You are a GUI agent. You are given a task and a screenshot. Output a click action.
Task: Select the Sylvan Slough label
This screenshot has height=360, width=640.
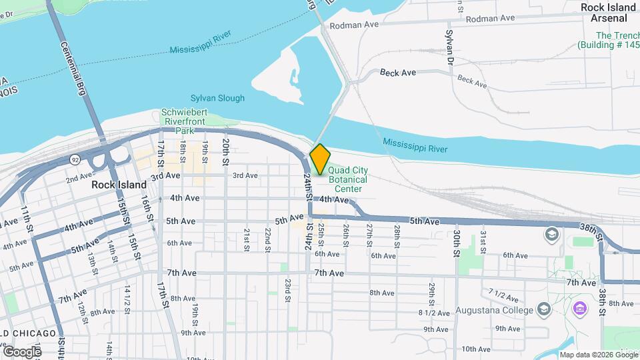point(217,98)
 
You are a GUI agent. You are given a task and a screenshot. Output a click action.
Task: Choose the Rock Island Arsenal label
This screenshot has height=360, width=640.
point(608,13)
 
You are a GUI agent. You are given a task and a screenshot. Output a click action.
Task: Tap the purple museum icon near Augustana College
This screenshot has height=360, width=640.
point(579,309)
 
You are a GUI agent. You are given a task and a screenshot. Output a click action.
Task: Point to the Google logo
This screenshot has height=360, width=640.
point(22,351)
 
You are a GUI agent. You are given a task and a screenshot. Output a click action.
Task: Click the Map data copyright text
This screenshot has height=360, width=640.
point(597,354)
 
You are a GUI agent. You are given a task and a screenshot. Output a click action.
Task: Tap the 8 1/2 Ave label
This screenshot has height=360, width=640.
point(431,313)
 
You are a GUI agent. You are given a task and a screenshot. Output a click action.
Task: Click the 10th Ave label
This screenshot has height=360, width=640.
point(475,349)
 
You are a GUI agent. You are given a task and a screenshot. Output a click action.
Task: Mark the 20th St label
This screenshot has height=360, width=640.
point(226,152)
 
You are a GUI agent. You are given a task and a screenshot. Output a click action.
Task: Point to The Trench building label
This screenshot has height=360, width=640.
point(609,40)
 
